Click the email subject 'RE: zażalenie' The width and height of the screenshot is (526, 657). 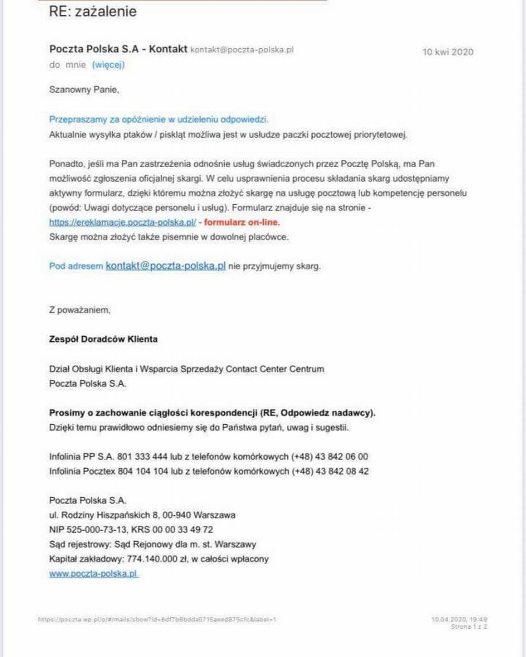click(93, 12)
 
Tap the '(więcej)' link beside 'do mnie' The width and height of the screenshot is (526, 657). click(108, 65)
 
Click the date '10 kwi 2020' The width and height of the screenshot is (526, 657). click(448, 52)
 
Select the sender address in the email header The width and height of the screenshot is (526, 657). click(242, 50)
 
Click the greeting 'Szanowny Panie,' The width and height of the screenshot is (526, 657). click(84, 90)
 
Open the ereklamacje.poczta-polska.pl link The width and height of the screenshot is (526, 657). click(122, 222)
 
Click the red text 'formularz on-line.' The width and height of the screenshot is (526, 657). click(242, 222)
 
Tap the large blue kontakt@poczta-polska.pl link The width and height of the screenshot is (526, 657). click(165, 266)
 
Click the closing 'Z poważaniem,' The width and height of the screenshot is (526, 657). click(80, 310)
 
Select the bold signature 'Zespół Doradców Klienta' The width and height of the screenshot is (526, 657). click(103, 339)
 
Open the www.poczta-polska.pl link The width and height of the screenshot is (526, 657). click(93, 574)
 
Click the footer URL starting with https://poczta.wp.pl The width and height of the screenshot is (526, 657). click(157, 619)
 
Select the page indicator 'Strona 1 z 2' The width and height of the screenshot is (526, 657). click(469, 627)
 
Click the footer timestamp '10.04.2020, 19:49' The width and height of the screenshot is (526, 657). click(459, 619)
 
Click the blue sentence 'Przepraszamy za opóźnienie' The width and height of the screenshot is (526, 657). click(159, 119)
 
